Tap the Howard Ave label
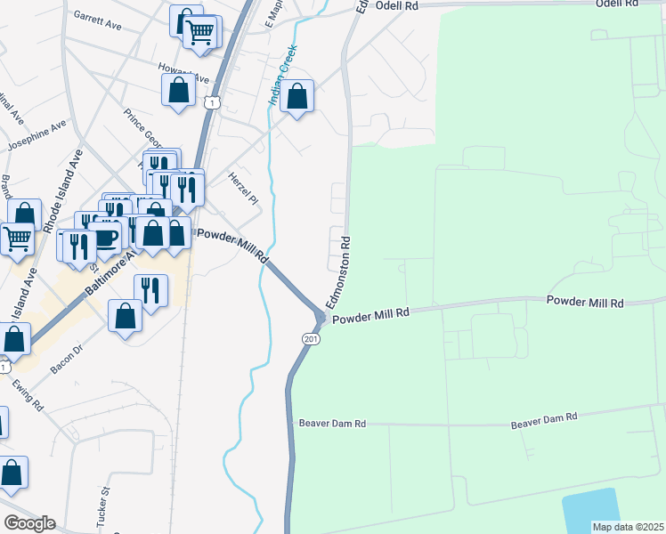175,69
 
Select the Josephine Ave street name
37,134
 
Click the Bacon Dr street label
68,357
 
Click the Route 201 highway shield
310,339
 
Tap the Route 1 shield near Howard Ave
211,103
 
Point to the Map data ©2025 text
628,527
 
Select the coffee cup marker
106,238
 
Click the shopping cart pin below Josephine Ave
16,238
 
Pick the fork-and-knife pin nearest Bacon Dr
150,290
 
